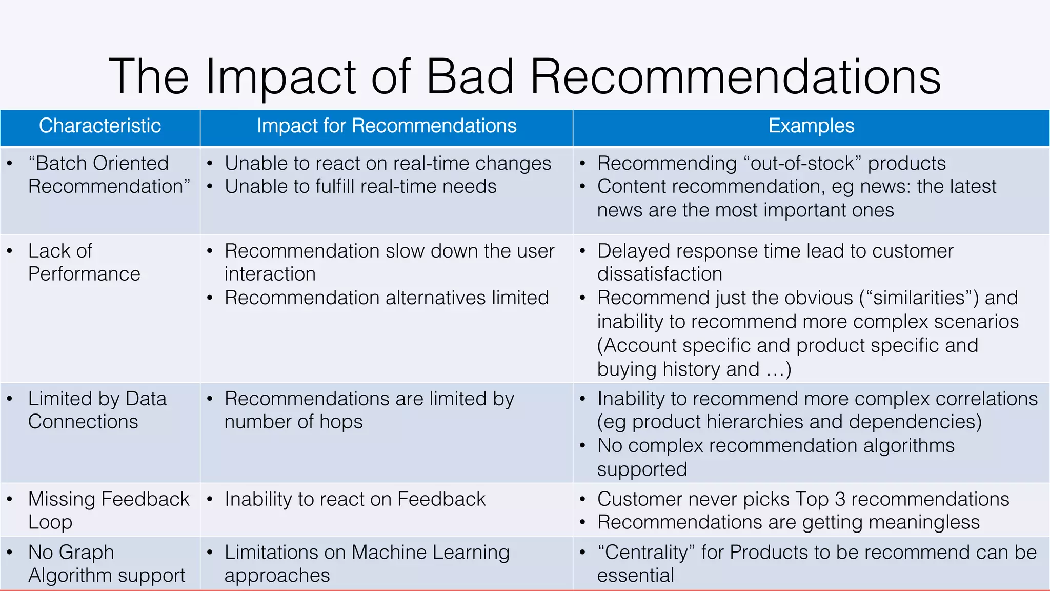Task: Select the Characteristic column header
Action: coord(100,126)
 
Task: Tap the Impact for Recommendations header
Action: coord(387,126)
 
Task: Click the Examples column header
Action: coord(811,126)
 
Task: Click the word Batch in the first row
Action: coord(62,164)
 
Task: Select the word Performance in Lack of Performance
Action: coord(84,274)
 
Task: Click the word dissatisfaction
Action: coord(659,274)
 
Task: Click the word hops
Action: coord(341,422)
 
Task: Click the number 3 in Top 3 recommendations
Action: coord(840,499)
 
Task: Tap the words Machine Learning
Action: coord(431,553)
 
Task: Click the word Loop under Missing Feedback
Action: coord(50,523)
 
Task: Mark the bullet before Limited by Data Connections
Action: coord(10,399)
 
